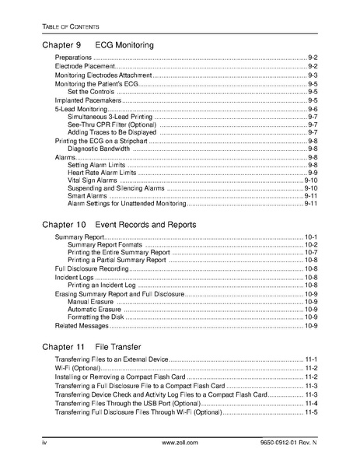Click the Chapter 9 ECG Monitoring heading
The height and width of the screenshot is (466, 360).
(97, 45)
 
